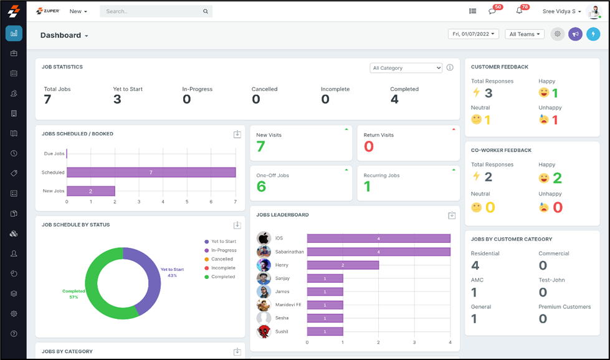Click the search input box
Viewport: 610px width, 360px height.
[153, 11]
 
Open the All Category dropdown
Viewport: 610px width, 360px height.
[406, 68]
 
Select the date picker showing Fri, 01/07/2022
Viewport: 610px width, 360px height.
[473, 34]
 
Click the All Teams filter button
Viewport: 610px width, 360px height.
[524, 34]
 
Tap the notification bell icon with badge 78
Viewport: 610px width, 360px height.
[519, 11]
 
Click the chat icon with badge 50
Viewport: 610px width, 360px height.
[492, 11]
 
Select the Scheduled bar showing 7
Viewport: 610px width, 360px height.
[151, 173]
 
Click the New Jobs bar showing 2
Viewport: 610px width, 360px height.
[91, 191]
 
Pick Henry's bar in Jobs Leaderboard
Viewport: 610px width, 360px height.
[343, 265]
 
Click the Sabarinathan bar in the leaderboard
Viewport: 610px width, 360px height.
[378, 252]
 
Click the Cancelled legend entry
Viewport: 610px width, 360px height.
[222, 259]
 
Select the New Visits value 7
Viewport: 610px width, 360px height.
[261, 146]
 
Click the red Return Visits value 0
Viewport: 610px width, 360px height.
[368, 146]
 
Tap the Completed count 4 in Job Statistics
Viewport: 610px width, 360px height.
[394, 99]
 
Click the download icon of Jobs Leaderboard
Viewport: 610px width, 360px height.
[452, 216]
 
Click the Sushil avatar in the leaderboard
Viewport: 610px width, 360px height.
[264, 331]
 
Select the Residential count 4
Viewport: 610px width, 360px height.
[475, 266]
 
